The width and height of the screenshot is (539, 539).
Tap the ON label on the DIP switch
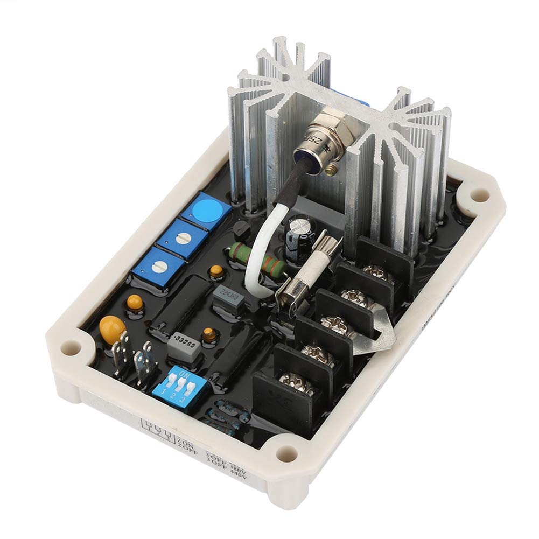[x=185, y=373]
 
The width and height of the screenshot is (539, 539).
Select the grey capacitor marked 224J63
[x=226, y=295]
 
